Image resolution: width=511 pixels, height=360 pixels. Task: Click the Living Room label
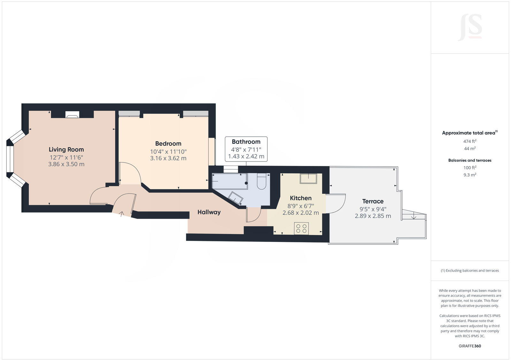pos(66,149)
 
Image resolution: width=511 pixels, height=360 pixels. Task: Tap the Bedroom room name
pos(168,144)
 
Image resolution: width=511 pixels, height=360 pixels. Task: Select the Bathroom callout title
pos(246,142)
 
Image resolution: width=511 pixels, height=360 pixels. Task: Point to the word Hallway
pos(209,212)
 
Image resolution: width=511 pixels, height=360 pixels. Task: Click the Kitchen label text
pos(301,198)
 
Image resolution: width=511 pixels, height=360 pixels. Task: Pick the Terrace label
pos(373,201)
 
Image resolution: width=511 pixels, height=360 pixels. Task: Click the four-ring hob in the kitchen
pos(301,228)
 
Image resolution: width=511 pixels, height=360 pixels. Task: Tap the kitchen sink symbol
pos(308,178)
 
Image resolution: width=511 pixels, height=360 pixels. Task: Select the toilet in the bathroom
pos(261,182)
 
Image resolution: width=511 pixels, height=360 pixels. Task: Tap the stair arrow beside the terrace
pos(414,216)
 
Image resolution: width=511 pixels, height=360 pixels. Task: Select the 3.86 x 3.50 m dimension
pos(66,164)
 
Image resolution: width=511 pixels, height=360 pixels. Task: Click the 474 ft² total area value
pos(470,141)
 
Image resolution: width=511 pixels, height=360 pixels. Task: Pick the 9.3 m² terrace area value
pos(470,175)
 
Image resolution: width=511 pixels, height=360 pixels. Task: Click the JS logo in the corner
pos(470,27)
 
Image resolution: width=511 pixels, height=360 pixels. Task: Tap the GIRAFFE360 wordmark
pos(470,346)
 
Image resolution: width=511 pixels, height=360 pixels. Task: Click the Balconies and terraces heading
pos(470,160)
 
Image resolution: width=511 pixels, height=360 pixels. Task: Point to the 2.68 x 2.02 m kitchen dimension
pos(301,213)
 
